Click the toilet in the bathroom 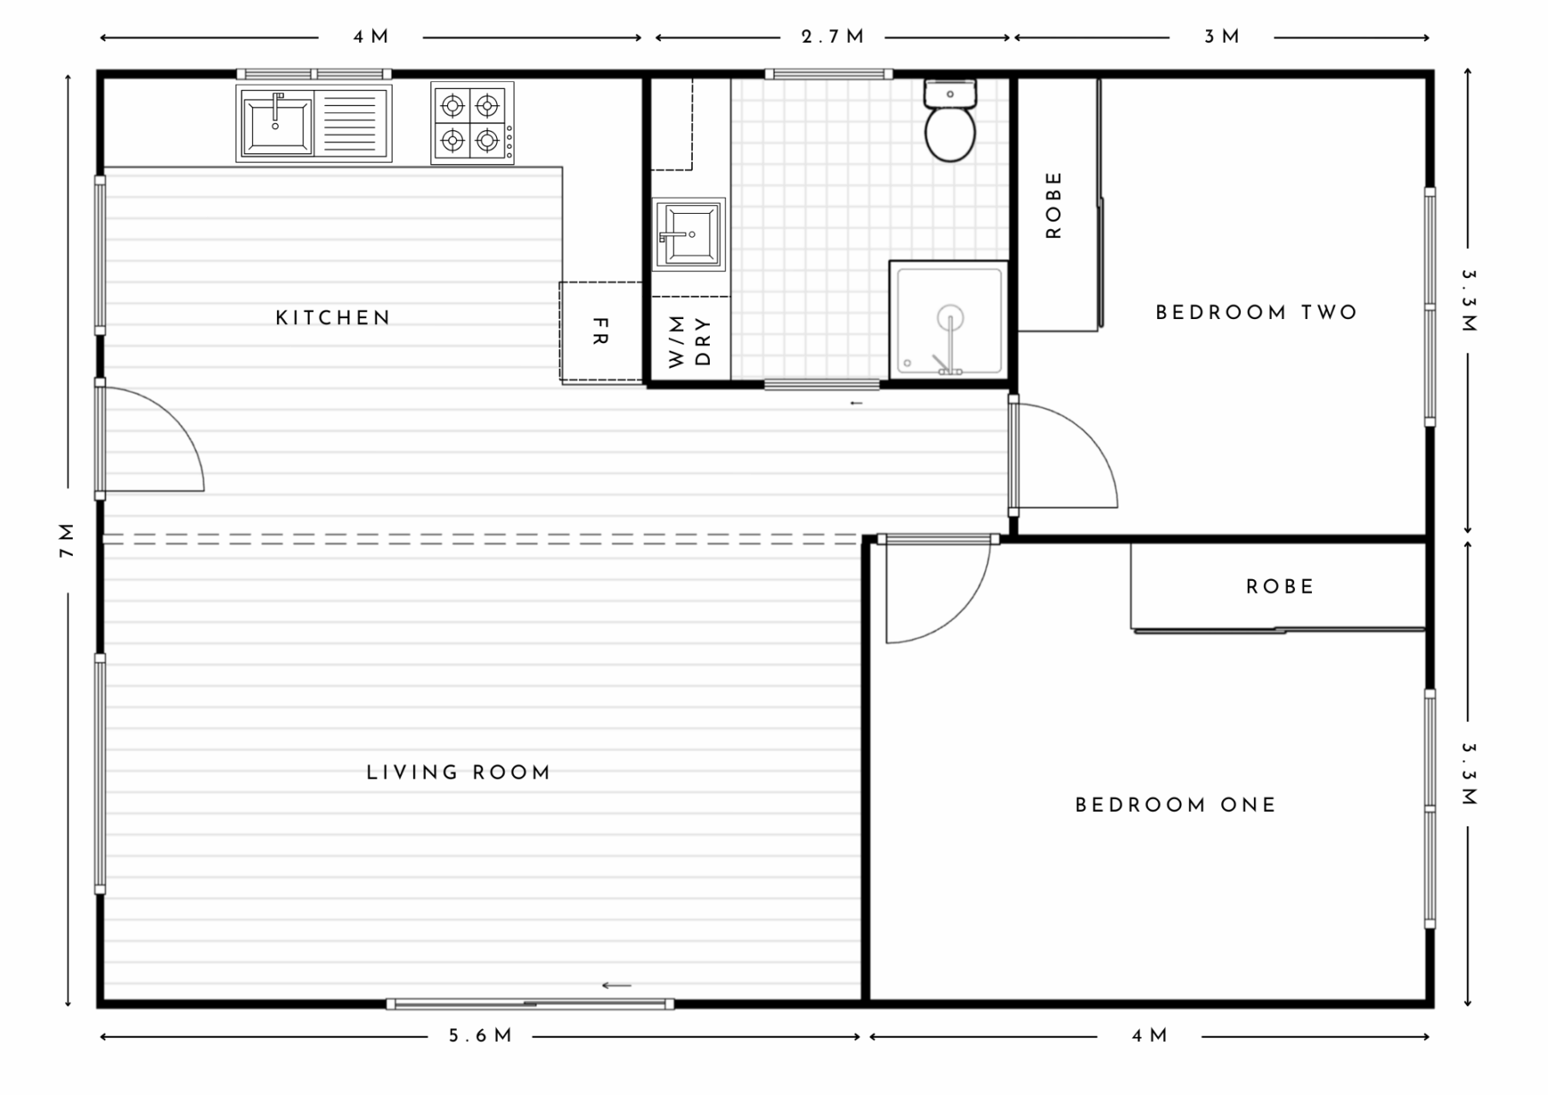pos(949,124)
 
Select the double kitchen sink pos(313,123)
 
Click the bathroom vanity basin pos(688,234)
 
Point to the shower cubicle pos(948,319)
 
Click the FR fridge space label pos(600,331)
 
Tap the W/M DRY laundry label pos(689,340)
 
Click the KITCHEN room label pos(333,318)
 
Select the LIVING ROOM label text pos(458,772)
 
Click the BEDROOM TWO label pos(1256,313)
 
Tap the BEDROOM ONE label pos(1175,805)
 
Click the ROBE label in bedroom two pos(1054,205)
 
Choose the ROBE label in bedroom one pos(1279,587)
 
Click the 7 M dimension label pos(67,541)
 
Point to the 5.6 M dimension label pos(481,1036)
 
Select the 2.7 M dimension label pos(832,37)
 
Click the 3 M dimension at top pos(1221,37)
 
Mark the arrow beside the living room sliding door pos(617,985)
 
